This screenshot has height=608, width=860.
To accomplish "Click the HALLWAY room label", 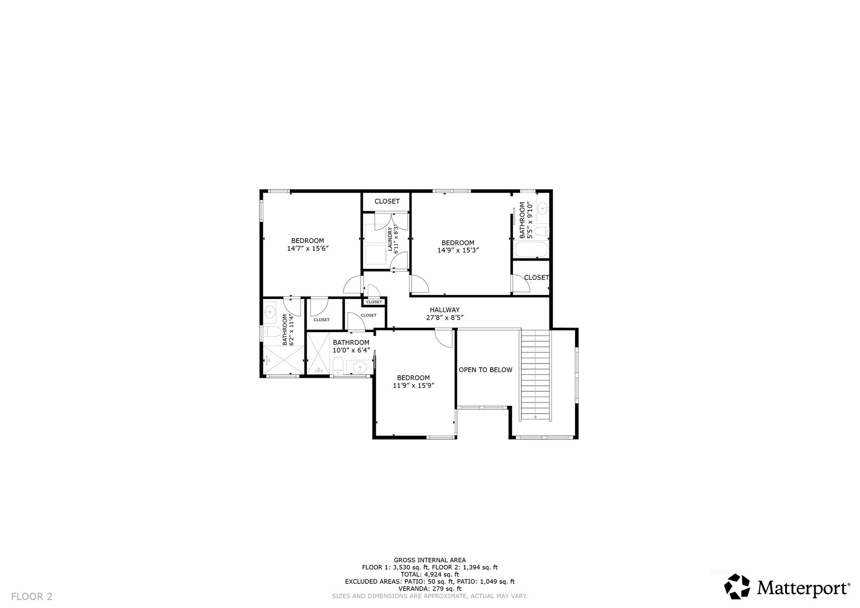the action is pyautogui.click(x=445, y=310).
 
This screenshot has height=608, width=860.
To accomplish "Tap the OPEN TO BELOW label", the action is pyautogui.click(x=486, y=370).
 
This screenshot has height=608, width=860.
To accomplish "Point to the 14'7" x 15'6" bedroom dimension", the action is pyautogui.click(x=308, y=248).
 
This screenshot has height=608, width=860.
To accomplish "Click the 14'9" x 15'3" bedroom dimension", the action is pyautogui.click(x=458, y=250).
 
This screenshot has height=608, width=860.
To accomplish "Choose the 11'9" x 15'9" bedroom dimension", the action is pyautogui.click(x=414, y=385).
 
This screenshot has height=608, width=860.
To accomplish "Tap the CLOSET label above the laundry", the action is pyautogui.click(x=387, y=201).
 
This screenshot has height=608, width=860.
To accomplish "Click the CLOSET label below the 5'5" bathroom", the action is pyautogui.click(x=537, y=278).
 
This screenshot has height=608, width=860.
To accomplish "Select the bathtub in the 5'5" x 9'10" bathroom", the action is pyautogui.click(x=531, y=249).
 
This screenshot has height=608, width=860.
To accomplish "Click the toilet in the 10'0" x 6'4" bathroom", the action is pyautogui.click(x=338, y=365).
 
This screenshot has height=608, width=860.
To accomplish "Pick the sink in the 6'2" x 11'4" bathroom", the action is pyautogui.click(x=270, y=312).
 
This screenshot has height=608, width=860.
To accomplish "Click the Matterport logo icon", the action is pyautogui.click(x=737, y=586).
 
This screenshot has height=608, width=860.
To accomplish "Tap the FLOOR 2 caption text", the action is pyautogui.click(x=32, y=596).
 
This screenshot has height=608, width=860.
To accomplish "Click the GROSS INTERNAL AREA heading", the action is pyautogui.click(x=430, y=560).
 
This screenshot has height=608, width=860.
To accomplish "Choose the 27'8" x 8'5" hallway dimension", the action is pyautogui.click(x=445, y=317).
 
